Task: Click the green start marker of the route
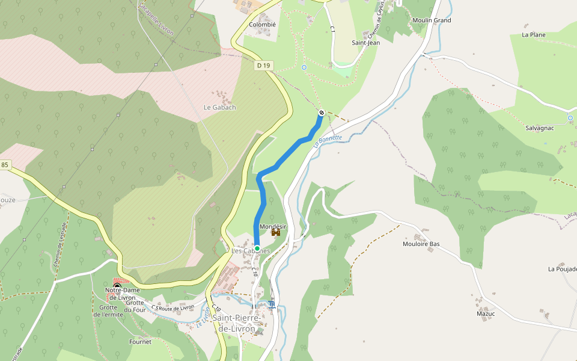(257, 248)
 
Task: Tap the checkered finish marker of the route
(322, 113)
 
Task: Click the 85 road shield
(5, 165)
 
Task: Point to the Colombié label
(262, 25)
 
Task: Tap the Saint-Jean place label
(365, 43)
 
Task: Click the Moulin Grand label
(432, 20)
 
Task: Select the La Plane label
(534, 35)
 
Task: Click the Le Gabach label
(219, 108)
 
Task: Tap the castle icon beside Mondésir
(276, 232)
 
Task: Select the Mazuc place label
(486, 313)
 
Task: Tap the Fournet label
(140, 342)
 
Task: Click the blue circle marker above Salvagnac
(570, 117)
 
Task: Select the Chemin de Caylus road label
(379, 18)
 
